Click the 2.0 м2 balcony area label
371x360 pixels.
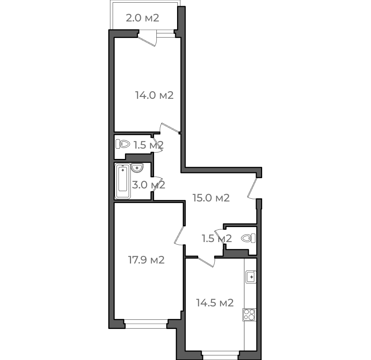(143, 18)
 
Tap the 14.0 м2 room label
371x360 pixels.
(154, 95)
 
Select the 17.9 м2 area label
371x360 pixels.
(146, 260)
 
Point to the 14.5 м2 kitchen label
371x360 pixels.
(215, 303)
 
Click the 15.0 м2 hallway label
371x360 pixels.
(211, 198)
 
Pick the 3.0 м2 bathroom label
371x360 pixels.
(148, 185)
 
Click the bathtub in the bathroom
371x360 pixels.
(123, 181)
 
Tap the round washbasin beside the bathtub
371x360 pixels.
(137, 168)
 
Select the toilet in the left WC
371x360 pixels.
(123, 144)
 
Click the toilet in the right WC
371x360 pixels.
(248, 238)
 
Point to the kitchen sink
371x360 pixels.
(251, 277)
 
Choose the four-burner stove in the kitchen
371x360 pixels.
(250, 314)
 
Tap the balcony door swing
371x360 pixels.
(147, 39)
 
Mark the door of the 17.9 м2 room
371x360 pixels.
(179, 236)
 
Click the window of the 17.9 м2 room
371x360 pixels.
(146, 324)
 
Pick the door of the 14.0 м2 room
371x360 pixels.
(170, 128)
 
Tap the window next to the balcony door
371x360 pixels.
(166, 35)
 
